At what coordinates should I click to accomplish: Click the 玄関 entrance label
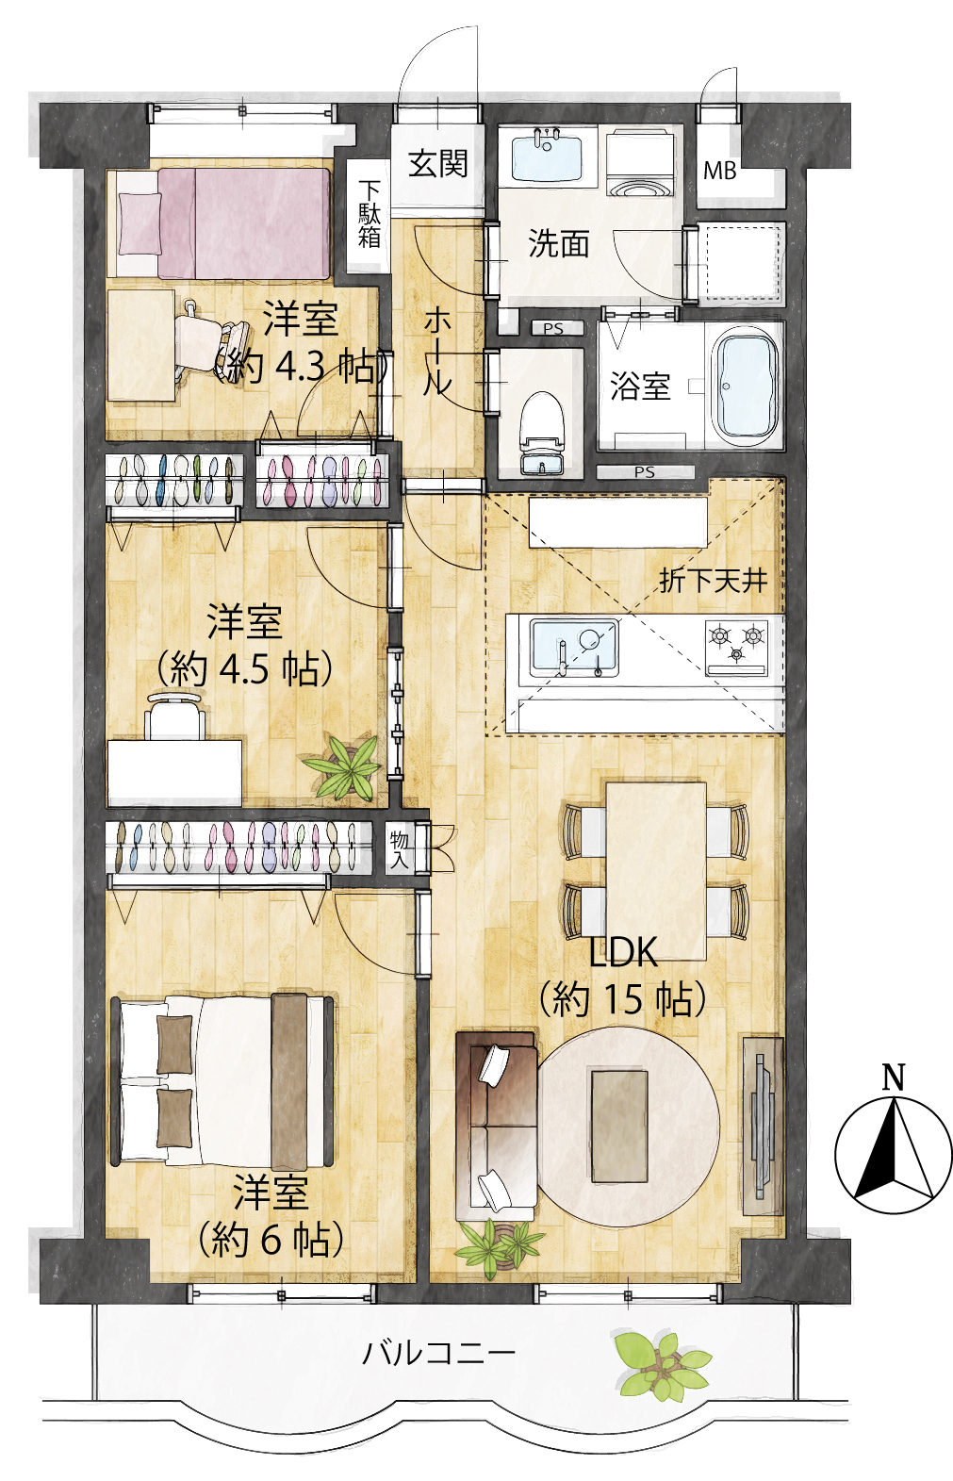click(x=437, y=163)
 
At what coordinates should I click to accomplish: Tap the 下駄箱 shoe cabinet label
click(x=369, y=214)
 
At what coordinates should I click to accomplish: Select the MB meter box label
click(x=719, y=172)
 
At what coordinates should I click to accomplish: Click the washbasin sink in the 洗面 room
click(x=547, y=158)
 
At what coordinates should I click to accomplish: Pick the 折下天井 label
click(x=713, y=581)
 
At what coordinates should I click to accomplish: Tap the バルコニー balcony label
click(x=438, y=1353)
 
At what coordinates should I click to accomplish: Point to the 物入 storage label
click(x=399, y=849)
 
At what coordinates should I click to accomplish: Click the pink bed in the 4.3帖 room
click(x=223, y=223)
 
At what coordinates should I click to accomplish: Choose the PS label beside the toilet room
click(x=553, y=328)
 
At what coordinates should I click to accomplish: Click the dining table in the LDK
click(x=656, y=871)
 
